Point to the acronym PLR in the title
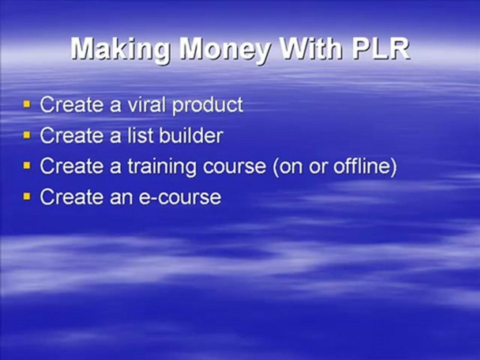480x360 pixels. (x=381, y=48)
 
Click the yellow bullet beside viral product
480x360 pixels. (x=27, y=104)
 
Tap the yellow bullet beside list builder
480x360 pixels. (x=27, y=135)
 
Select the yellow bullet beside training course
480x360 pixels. (x=27, y=165)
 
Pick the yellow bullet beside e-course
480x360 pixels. (x=27, y=196)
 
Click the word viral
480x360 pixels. (x=147, y=104)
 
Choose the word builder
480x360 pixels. (x=191, y=135)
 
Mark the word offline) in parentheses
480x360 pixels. (x=365, y=166)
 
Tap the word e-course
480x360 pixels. (x=180, y=197)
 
